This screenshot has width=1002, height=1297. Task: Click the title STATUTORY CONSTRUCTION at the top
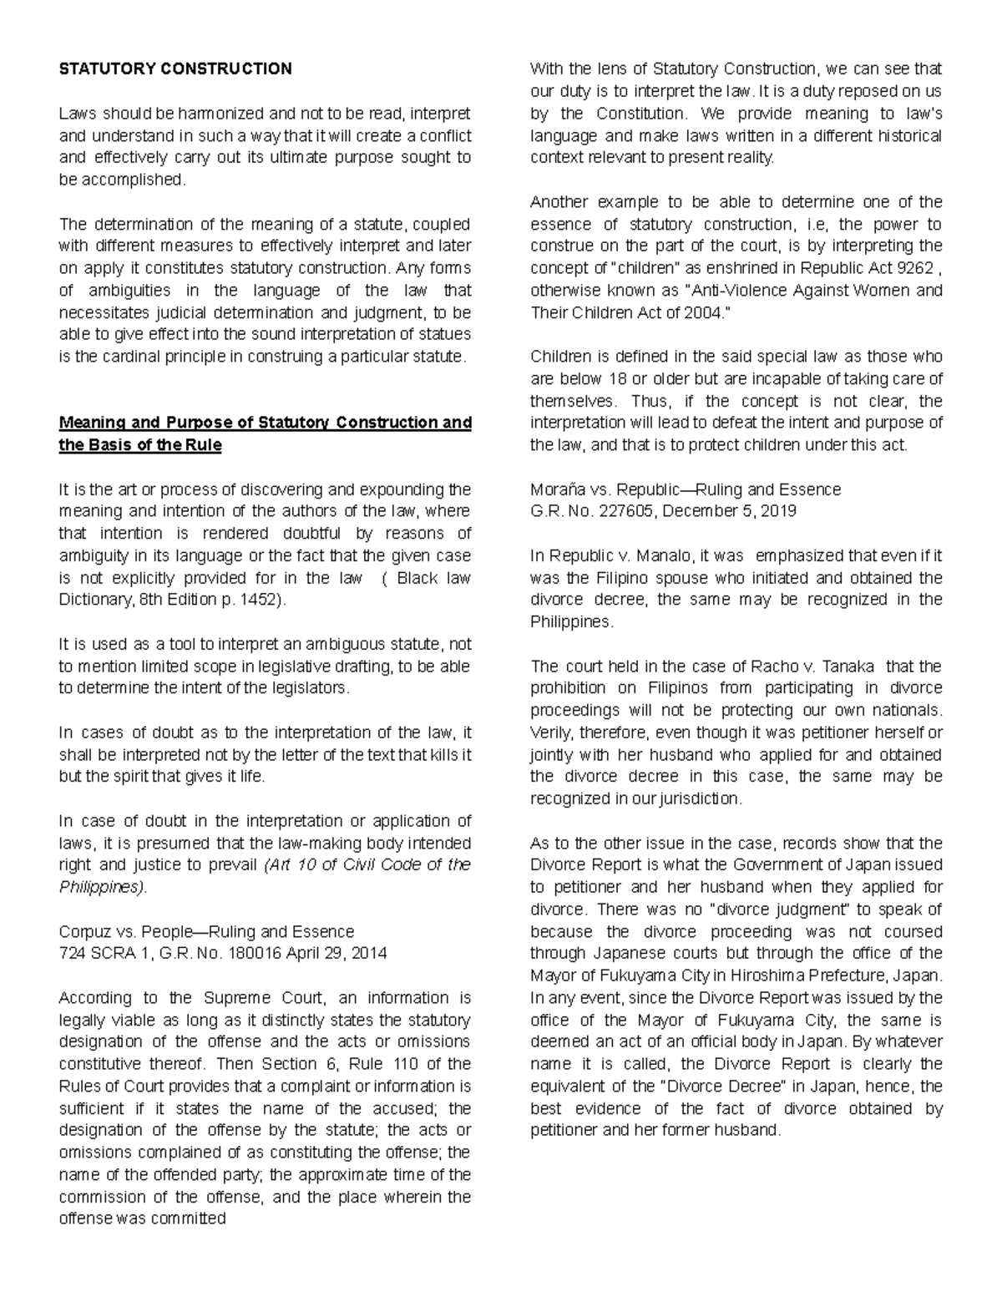click(x=175, y=68)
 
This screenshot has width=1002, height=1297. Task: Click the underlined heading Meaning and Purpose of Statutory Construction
click(x=265, y=423)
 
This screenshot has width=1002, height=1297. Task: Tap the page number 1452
click(x=261, y=600)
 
